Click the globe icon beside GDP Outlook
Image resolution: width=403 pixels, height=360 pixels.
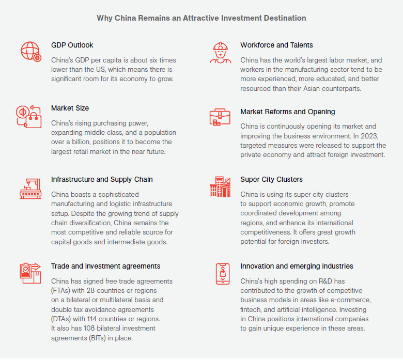tap(30, 51)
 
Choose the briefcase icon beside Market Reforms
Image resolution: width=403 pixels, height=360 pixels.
tap(220, 117)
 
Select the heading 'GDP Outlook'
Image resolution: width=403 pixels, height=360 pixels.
tap(72, 45)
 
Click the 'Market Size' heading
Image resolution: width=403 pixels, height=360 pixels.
tap(70, 108)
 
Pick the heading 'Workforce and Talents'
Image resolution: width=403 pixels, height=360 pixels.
tap(276, 45)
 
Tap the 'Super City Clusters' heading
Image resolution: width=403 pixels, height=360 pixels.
tap(271, 179)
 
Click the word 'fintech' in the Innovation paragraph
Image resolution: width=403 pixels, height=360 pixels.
tap(251, 309)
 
